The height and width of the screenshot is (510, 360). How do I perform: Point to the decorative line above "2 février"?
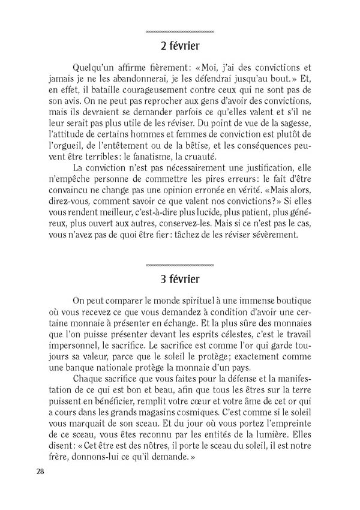[x=180, y=31]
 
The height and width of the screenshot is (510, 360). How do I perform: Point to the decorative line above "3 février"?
[x=180, y=265]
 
